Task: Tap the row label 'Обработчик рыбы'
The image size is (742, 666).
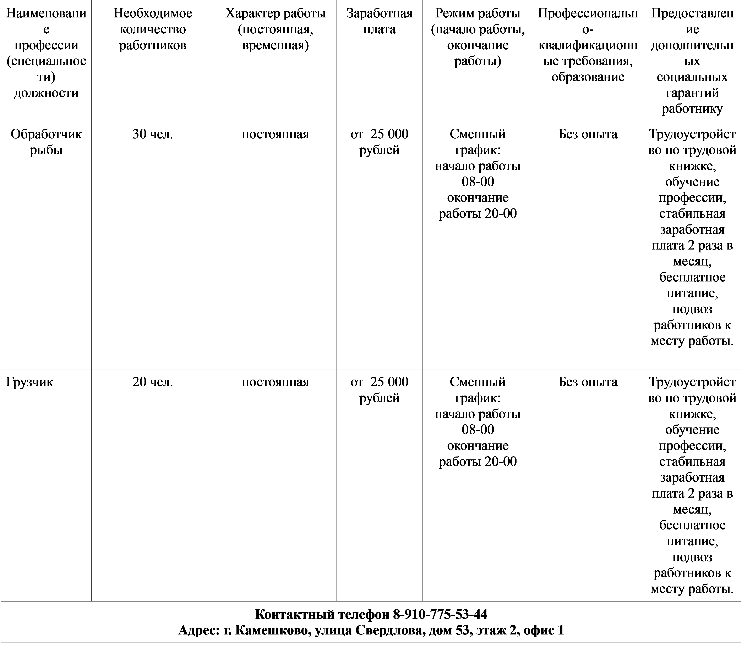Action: click(46, 142)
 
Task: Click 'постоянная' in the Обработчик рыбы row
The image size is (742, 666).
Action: click(275, 134)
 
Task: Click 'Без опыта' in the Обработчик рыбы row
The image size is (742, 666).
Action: click(588, 134)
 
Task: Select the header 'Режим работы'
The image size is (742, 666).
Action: click(477, 13)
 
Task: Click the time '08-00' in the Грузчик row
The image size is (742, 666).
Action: click(478, 430)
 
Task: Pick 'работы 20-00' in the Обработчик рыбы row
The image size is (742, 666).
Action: click(478, 213)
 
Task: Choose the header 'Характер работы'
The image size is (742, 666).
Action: click(275, 13)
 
